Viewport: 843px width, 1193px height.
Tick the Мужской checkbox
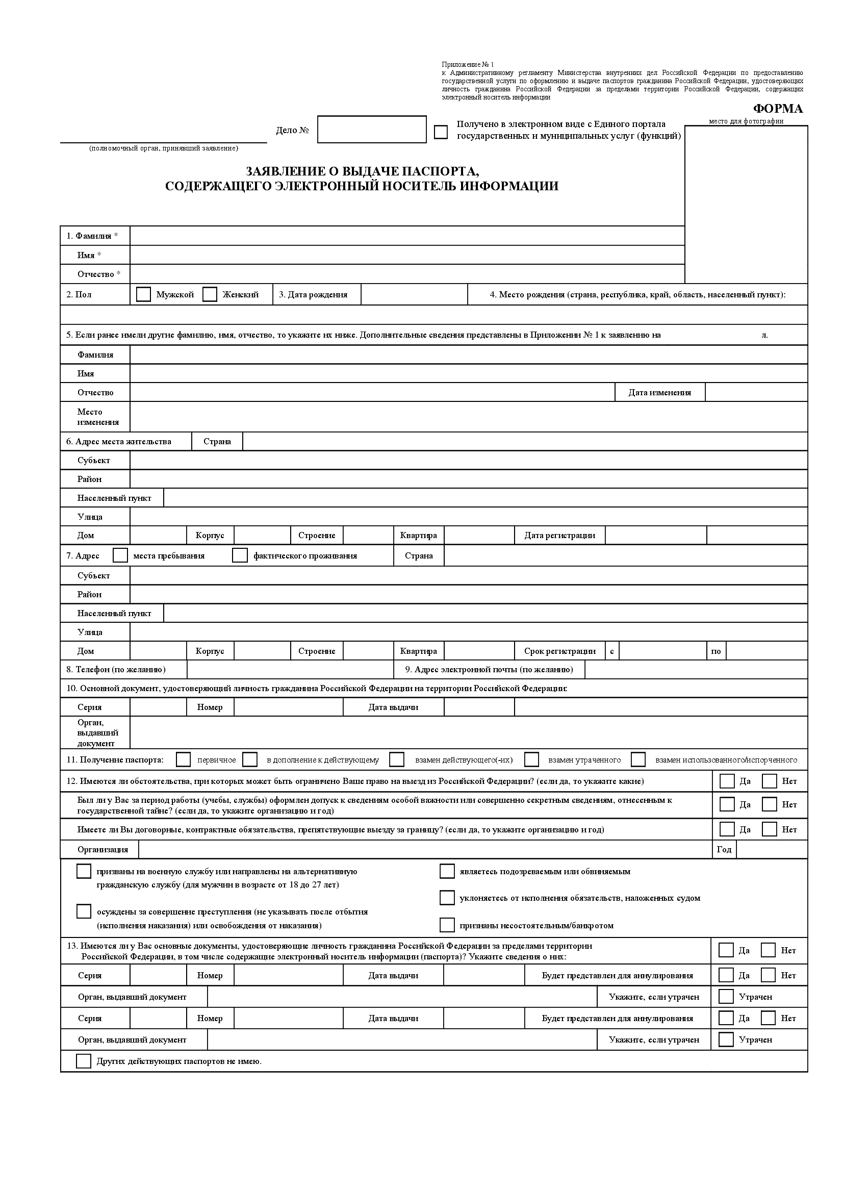[x=143, y=295]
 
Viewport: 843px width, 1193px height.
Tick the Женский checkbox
[x=210, y=295]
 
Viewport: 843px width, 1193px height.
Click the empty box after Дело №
[x=372, y=130]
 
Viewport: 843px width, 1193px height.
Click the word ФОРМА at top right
[x=778, y=109]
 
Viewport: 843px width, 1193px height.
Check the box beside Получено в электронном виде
[x=441, y=132]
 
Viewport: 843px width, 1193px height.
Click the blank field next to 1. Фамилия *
[x=406, y=236]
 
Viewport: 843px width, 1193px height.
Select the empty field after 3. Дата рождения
[x=414, y=295]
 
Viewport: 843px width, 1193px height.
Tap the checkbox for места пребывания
[x=120, y=555]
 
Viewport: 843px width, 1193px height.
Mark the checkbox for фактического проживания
[x=240, y=555]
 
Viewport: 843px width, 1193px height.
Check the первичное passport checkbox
[x=184, y=759]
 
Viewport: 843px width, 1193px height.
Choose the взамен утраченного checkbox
[x=531, y=759]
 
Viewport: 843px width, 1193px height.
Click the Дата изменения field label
[x=659, y=393]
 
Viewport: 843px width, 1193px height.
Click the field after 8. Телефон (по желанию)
[x=290, y=669]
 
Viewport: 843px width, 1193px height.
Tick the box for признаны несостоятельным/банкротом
[x=447, y=925]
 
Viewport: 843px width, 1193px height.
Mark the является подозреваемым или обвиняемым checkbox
[x=447, y=871]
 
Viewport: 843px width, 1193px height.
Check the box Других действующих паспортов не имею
[x=84, y=1061]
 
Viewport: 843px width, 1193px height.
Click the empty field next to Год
[x=771, y=849]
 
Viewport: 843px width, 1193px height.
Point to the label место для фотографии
[x=746, y=121]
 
